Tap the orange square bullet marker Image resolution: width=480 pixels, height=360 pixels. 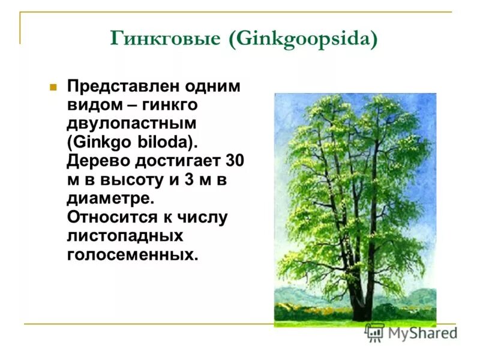coord(53,87)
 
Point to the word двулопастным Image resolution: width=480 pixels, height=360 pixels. coord(131,124)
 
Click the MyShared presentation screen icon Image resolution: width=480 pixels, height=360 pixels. coord(374,333)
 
